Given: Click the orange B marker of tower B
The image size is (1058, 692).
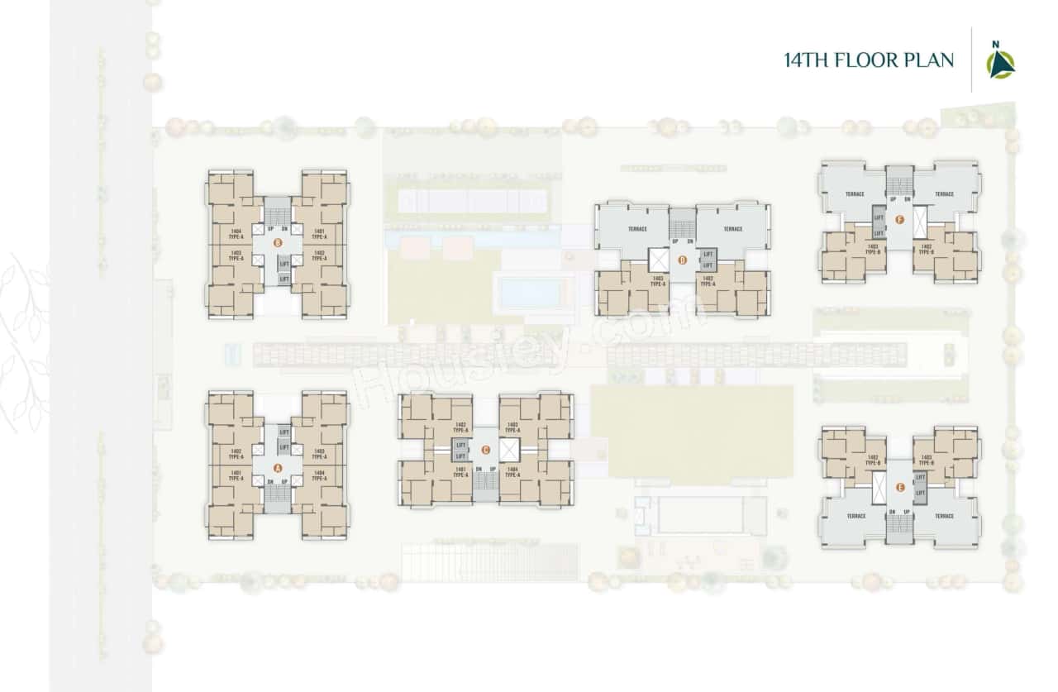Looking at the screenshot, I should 278,243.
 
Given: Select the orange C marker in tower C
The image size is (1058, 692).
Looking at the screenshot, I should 485,451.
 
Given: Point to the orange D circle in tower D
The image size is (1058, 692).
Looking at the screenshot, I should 682,260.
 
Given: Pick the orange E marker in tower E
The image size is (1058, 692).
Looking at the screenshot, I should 899,488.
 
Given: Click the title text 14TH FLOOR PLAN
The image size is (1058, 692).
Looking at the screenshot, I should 869,60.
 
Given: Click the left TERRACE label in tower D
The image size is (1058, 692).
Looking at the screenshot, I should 636,229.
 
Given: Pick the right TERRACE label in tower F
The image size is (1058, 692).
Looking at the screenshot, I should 945,193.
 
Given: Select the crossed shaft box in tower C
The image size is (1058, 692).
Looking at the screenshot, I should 508,451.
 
